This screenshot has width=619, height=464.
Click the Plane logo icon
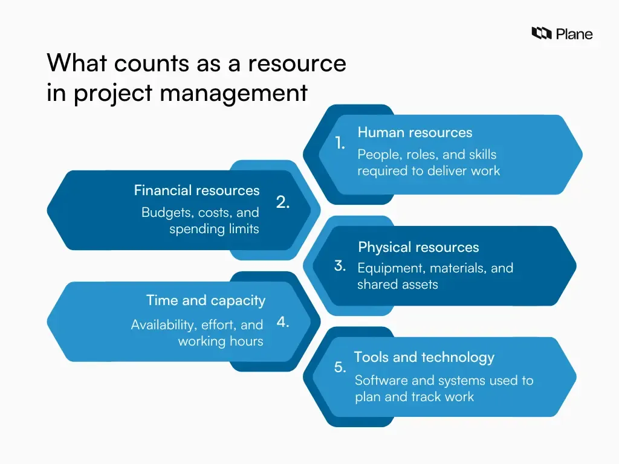(541, 34)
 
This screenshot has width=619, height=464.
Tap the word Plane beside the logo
(574, 34)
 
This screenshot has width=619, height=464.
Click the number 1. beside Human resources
(340, 143)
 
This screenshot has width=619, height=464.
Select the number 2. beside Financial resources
(283, 203)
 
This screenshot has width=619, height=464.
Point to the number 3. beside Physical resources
(340, 265)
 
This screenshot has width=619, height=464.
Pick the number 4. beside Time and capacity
(283, 322)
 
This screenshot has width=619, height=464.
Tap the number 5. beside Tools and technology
(340, 367)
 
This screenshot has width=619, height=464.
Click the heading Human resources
(415, 132)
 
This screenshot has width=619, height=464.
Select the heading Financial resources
(196, 190)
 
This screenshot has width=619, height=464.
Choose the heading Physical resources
(418, 247)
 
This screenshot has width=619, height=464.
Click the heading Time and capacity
(206, 300)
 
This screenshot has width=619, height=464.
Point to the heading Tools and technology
(424, 357)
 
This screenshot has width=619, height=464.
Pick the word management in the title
(233, 93)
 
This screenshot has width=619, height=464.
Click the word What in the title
(77, 63)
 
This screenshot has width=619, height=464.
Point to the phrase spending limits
(214, 229)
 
